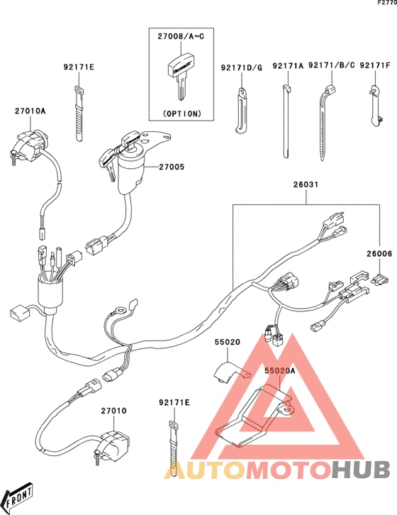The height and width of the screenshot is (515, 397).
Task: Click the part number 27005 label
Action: tap(172, 167)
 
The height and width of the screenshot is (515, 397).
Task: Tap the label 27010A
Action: tap(30, 111)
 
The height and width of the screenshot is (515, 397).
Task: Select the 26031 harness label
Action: tap(306, 184)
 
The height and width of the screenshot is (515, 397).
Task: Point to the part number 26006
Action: tap(379, 253)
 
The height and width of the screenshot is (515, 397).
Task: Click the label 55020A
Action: tap(280, 371)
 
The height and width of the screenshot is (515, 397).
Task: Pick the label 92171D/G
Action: tap(242, 68)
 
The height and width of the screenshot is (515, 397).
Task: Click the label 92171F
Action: tap(375, 65)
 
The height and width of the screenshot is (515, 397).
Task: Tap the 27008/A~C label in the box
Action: tap(181, 36)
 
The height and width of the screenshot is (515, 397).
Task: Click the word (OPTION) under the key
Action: tap(181, 113)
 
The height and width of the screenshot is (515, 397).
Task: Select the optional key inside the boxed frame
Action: tap(179, 76)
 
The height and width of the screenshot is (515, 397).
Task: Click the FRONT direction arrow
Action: tap(19, 494)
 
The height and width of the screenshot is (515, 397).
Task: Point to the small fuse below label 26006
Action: tap(380, 279)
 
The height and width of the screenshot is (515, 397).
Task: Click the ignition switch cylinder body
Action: tap(130, 174)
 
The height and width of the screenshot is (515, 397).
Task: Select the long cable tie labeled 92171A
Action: tap(286, 121)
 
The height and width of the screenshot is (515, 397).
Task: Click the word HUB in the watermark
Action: tap(361, 470)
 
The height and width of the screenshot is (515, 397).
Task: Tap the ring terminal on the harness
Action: tap(121, 309)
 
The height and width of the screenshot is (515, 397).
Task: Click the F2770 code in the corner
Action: tap(387, 3)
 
